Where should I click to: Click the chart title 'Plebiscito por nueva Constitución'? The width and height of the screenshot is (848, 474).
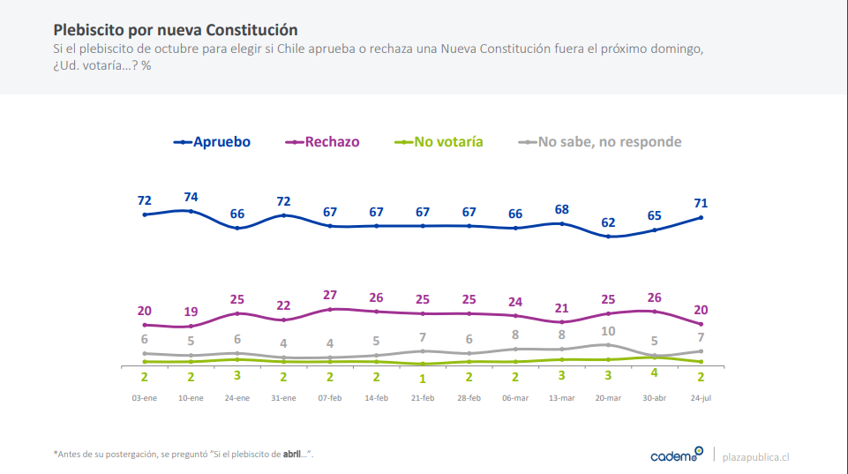(176, 30)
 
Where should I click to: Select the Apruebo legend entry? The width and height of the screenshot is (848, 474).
(213, 141)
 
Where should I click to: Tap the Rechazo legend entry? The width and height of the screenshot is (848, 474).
(323, 141)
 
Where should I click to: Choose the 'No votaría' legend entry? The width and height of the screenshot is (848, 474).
(439, 141)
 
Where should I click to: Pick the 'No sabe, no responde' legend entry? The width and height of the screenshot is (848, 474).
(599, 141)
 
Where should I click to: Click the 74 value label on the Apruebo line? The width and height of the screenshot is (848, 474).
(191, 197)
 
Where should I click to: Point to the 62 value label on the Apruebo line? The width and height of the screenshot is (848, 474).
(609, 222)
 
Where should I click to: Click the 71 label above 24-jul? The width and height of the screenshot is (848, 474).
(702, 204)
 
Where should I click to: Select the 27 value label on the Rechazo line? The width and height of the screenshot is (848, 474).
(329, 295)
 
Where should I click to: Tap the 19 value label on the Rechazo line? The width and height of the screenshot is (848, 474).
(191, 312)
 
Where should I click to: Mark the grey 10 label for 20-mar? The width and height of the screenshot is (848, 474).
(609, 331)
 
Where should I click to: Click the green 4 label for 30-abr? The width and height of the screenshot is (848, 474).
(655, 372)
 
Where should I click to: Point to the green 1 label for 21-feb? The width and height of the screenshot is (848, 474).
(423, 379)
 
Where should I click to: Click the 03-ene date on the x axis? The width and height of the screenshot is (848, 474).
(145, 398)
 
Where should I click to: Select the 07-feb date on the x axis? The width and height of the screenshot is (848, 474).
(330, 398)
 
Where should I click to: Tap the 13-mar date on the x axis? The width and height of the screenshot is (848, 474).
(562, 398)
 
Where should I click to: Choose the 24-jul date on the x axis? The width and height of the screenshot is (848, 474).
(702, 398)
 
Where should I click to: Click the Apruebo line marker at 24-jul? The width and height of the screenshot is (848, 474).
(702, 217)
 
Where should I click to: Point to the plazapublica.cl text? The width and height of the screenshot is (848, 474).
(755, 456)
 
